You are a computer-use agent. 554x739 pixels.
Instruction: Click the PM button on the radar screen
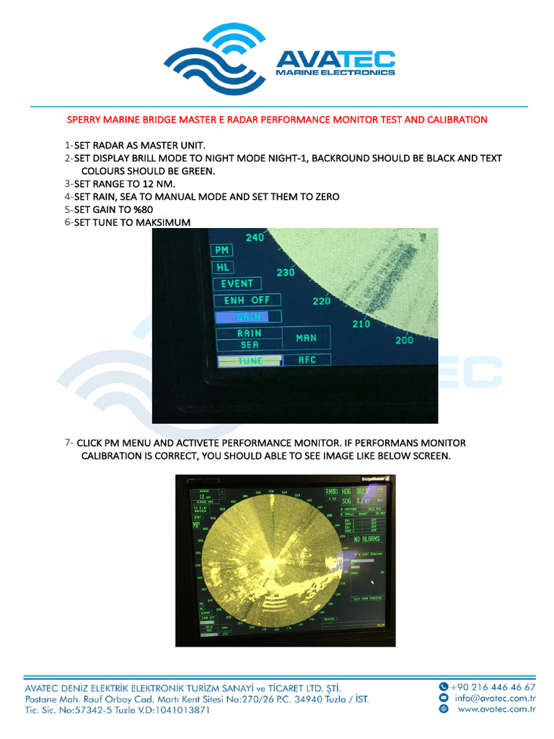(222, 250)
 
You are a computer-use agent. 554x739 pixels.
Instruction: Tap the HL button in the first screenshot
(222, 267)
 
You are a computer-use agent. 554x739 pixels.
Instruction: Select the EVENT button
(237, 284)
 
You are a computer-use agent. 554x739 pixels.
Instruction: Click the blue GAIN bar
(247, 317)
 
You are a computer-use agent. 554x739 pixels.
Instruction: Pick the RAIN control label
(250, 333)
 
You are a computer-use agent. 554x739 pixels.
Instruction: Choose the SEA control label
(250, 344)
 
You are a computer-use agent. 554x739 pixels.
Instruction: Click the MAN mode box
(306, 338)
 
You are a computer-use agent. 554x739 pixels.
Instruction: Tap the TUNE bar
(250, 360)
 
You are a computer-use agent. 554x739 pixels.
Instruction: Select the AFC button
(307, 359)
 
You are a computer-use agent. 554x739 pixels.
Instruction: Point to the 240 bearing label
(255, 237)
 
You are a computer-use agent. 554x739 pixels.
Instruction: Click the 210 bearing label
(361, 324)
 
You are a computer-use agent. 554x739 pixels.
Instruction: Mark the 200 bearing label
(404, 340)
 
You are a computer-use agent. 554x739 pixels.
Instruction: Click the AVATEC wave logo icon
(215, 61)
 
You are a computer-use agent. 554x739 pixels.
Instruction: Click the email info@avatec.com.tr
(495, 698)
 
